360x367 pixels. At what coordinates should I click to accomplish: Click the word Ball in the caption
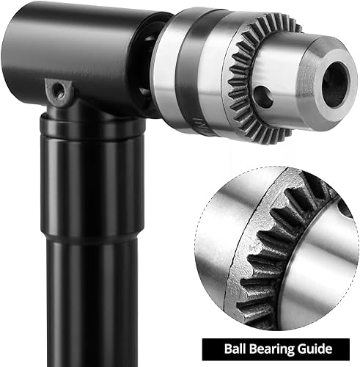234,349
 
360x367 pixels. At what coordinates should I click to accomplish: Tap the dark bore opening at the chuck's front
336,84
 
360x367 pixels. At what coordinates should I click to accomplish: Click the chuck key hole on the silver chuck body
263,96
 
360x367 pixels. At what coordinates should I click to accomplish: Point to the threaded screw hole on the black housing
59,90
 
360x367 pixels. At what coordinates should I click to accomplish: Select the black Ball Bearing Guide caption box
276,349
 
